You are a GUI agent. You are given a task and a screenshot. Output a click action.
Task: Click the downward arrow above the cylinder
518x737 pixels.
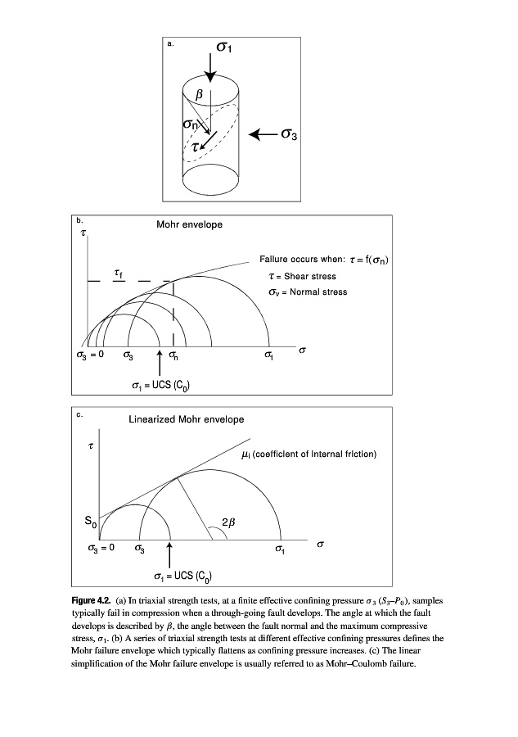(x=211, y=64)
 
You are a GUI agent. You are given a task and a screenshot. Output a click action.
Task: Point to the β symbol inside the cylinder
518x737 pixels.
(x=198, y=96)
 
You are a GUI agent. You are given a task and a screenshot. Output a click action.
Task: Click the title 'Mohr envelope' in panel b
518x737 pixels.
(x=189, y=224)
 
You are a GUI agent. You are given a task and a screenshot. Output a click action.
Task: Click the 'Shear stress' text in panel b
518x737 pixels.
(x=308, y=276)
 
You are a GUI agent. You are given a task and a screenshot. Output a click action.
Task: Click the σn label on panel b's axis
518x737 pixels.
(x=174, y=356)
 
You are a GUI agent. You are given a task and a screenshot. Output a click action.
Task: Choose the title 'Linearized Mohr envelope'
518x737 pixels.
(x=186, y=419)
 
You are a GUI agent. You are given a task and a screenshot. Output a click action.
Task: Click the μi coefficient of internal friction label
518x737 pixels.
(x=310, y=454)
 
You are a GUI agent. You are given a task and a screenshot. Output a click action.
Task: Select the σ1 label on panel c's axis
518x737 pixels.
(x=281, y=548)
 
